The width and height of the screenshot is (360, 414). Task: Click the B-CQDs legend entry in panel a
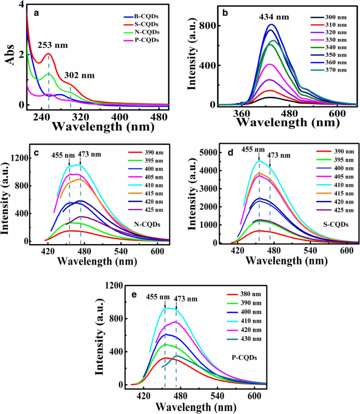[150, 15]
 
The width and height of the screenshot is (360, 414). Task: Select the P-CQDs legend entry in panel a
[150, 40]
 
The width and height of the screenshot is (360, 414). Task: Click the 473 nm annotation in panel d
[279, 155]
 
